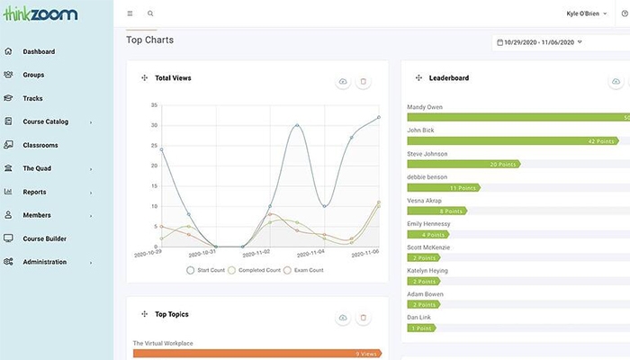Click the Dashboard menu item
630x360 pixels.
pos(38,51)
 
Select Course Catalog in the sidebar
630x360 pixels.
pos(45,121)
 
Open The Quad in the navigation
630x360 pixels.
pos(37,168)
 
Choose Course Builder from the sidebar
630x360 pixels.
pos(44,238)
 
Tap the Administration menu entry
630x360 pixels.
pos(44,262)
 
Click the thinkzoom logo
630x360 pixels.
pos(40,13)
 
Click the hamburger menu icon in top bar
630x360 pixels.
pos(130,14)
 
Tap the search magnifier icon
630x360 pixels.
pos(150,14)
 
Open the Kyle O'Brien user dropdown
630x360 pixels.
pos(587,14)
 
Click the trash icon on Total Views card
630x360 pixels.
pos(364,82)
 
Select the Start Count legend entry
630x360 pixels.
pos(208,270)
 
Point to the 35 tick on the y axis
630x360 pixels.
pos(155,103)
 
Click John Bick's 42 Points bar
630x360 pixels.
pos(514,140)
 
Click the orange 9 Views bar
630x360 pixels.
pos(257,354)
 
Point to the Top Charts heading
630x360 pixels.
pos(150,40)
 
